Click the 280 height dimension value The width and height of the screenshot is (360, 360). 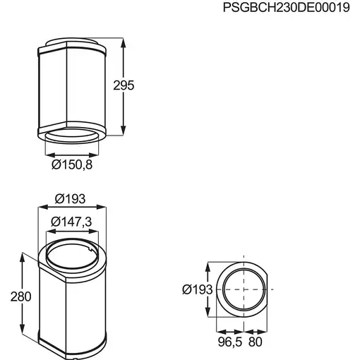pos(21,296)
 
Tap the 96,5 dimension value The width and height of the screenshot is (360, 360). pos(225,341)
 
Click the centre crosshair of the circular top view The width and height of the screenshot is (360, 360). pos(244,290)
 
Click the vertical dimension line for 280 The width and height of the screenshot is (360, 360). pos(36,296)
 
